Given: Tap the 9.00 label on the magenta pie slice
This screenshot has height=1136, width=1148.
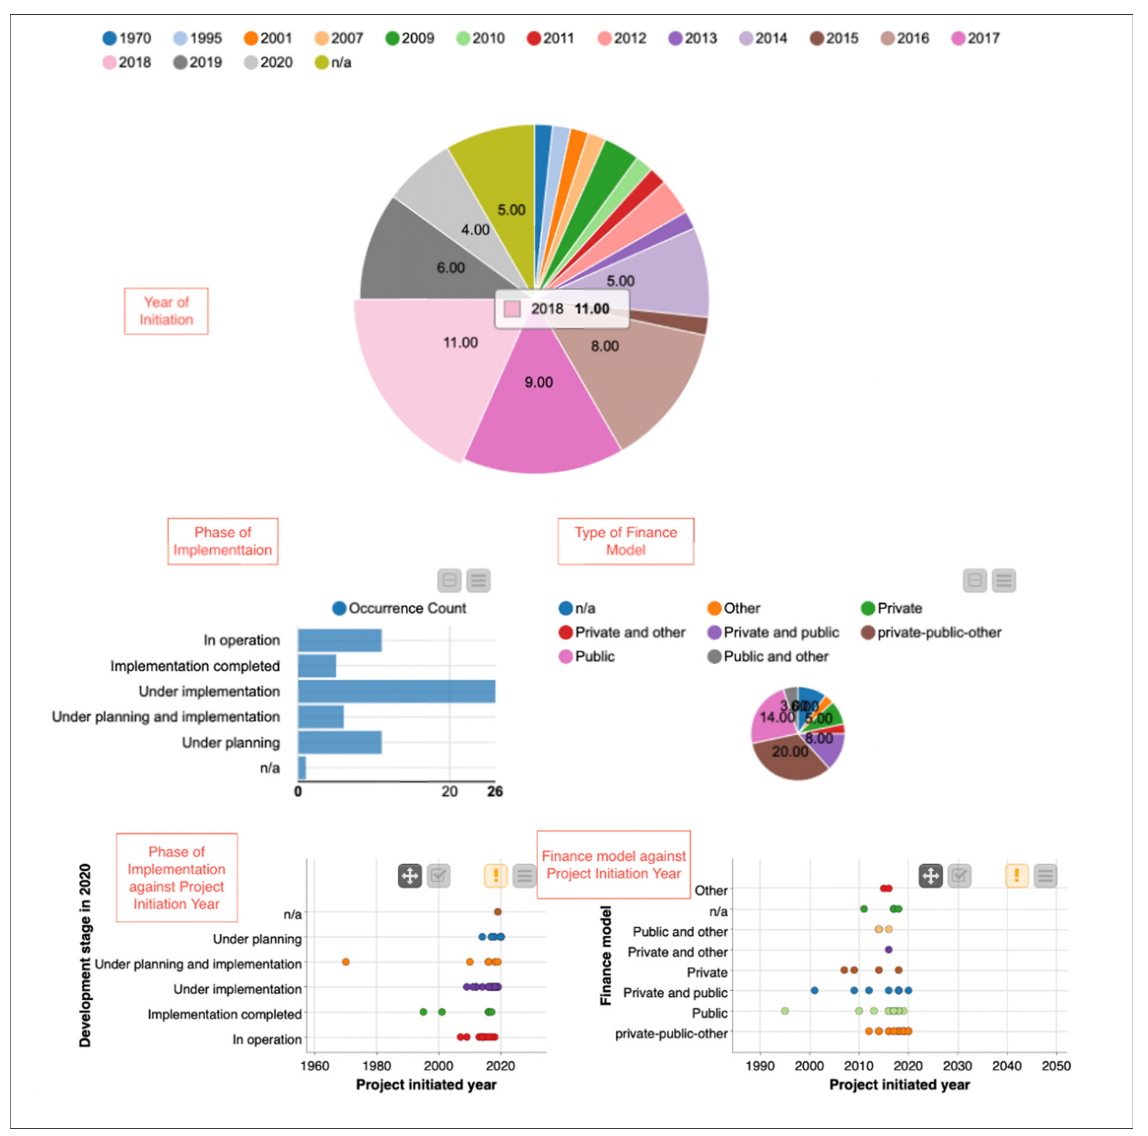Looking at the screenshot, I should point(538,382).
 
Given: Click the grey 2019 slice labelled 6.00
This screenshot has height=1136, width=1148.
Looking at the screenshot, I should point(440,261).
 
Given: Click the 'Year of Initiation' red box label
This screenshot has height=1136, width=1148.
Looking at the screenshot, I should point(166,311).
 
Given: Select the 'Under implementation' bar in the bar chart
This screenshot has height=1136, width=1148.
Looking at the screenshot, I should point(396,692).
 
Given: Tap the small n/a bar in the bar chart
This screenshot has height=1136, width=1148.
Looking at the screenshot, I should point(302,768).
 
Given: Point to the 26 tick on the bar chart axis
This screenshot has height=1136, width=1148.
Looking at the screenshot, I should point(495,792).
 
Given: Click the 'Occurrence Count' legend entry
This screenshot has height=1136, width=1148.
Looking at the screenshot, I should point(399,608).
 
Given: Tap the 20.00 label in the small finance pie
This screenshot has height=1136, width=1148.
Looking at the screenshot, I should point(790,752).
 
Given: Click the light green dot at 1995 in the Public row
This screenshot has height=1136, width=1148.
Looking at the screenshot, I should point(785,1011).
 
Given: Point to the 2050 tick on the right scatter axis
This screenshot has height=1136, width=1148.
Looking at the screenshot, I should point(1056,1066).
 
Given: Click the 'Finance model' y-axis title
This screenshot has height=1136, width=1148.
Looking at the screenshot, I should point(605,955).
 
